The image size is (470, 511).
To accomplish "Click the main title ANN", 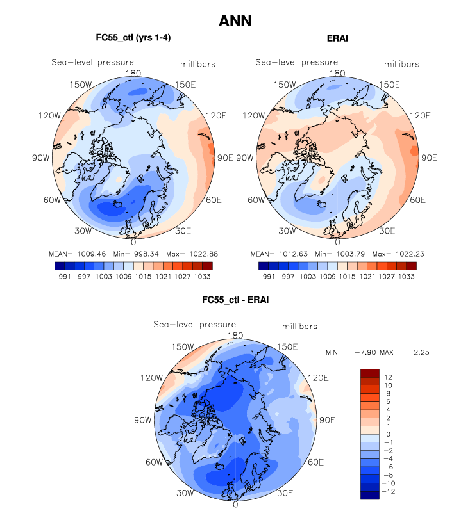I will [x=235, y=21].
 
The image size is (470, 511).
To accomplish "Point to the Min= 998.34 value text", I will [x=124, y=252].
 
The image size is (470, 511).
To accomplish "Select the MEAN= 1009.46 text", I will [x=72, y=252].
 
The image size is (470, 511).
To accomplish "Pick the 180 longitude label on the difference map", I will [x=235, y=335].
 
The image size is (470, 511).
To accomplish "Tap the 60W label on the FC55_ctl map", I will [x=52, y=200].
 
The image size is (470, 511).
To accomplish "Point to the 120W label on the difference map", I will [x=153, y=378].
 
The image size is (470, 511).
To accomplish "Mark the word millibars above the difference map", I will [x=300, y=327].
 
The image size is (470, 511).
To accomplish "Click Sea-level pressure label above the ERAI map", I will [x=297, y=62].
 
